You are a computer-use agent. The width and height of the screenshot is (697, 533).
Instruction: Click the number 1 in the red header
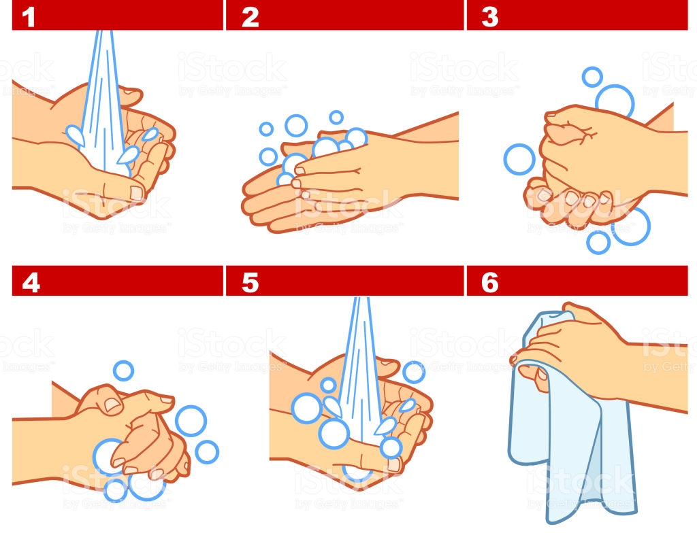pyautogui.click(x=29, y=17)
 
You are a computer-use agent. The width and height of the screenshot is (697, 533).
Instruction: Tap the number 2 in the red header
pyautogui.click(x=250, y=17)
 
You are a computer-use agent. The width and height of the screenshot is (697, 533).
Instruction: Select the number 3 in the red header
pyautogui.click(x=489, y=17)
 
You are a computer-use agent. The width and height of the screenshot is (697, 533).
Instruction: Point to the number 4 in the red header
pyautogui.click(x=31, y=283)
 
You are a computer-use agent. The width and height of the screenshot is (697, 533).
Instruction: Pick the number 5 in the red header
pyautogui.click(x=250, y=283)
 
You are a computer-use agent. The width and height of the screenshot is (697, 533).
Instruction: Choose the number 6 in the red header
pyautogui.click(x=489, y=283)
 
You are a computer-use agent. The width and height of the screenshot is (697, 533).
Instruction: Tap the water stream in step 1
pyautogui.click(x=103, y=102)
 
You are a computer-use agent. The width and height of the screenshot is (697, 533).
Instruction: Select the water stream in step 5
pyautogui.click(x=361, y=373)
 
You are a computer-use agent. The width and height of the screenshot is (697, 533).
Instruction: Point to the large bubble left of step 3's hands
pyautogui.click(x=519, y=159)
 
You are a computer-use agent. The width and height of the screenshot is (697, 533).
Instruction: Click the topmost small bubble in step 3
pyautogui.click(x=592, y=77)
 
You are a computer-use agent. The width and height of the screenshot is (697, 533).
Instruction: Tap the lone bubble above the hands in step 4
pyautogui.click(x=123, y=371)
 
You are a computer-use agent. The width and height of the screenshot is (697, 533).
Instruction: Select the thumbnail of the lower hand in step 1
pyautogui.click(x=136, y=193)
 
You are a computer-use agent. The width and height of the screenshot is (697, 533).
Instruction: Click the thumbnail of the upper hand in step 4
pyautogui.click(x=112, y=405)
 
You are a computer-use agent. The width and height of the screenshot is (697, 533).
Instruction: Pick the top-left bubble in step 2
pyautogui.click(x=266, y=129)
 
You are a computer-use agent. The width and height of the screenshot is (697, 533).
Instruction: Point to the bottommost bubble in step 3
pyautogui.click(x=598, y=242)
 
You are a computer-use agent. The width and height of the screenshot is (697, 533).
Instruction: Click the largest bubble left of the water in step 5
pyautogui.click(x=307, y=408)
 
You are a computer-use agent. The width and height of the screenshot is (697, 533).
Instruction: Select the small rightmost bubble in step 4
pyautogui.click(x=207, y=452)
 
